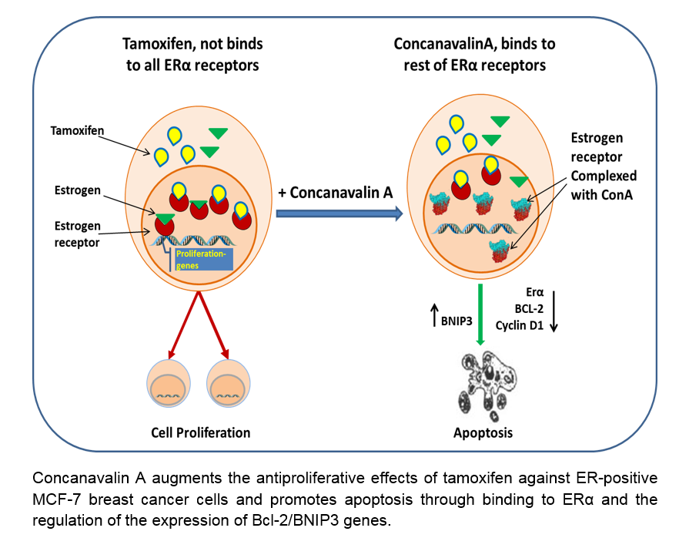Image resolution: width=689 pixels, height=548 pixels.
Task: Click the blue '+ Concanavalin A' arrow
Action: (x=339, y=214)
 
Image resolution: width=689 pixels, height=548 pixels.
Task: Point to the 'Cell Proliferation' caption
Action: (x=201, y=432)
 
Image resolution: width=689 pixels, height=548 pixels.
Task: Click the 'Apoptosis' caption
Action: (x=482, y=432)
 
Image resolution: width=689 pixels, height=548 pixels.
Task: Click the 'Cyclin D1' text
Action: (x=520, y=326)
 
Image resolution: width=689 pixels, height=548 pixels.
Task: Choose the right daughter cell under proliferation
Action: (x=230, y=384)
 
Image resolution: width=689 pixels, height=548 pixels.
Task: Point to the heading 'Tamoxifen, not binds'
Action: (x=192, y=45)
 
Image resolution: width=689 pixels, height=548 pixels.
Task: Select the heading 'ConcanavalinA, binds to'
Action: (x=474, y=45)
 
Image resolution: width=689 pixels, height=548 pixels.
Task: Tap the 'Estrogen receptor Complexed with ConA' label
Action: (x=597, y=166)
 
